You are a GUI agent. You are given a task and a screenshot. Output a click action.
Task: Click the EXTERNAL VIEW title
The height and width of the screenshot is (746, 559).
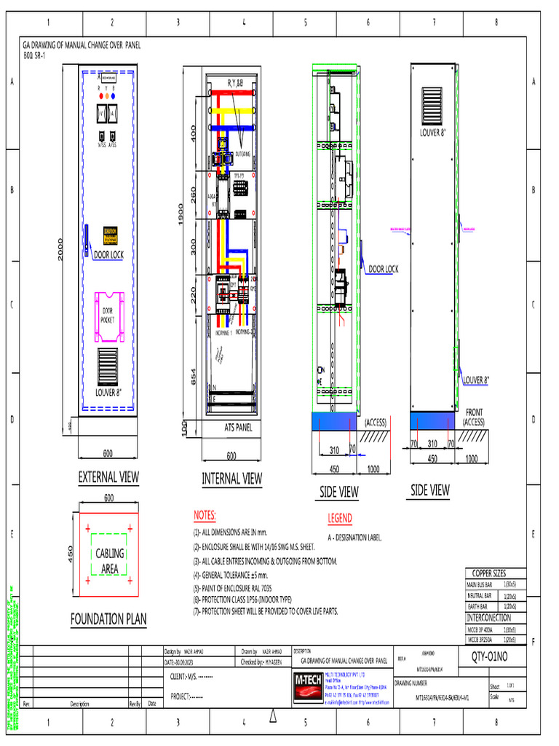(108, 477)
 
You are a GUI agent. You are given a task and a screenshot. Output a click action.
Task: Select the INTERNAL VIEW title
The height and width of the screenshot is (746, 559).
(231, 479)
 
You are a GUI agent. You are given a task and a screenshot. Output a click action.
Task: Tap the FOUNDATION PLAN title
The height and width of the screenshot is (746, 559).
(108, 619)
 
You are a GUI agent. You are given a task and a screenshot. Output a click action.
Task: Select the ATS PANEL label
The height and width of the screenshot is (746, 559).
(238, 428)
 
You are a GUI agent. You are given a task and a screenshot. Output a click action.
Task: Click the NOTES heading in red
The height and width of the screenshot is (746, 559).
(205, 516)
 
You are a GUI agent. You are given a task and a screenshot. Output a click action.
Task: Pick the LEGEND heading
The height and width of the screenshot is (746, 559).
(340, 519)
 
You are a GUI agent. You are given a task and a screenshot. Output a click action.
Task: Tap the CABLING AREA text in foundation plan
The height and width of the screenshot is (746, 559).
(110, 561)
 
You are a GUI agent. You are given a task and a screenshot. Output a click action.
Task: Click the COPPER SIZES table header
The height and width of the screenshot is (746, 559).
(489, 573)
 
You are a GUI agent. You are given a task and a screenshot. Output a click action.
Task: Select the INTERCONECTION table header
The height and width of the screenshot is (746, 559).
(488, 618)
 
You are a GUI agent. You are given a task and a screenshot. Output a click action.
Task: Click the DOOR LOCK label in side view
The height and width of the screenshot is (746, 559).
(383, 270)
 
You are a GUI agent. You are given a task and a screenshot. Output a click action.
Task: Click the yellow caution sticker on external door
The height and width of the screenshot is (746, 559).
(111, 232)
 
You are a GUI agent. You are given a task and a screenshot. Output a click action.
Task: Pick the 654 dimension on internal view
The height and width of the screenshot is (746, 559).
(194, 376)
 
